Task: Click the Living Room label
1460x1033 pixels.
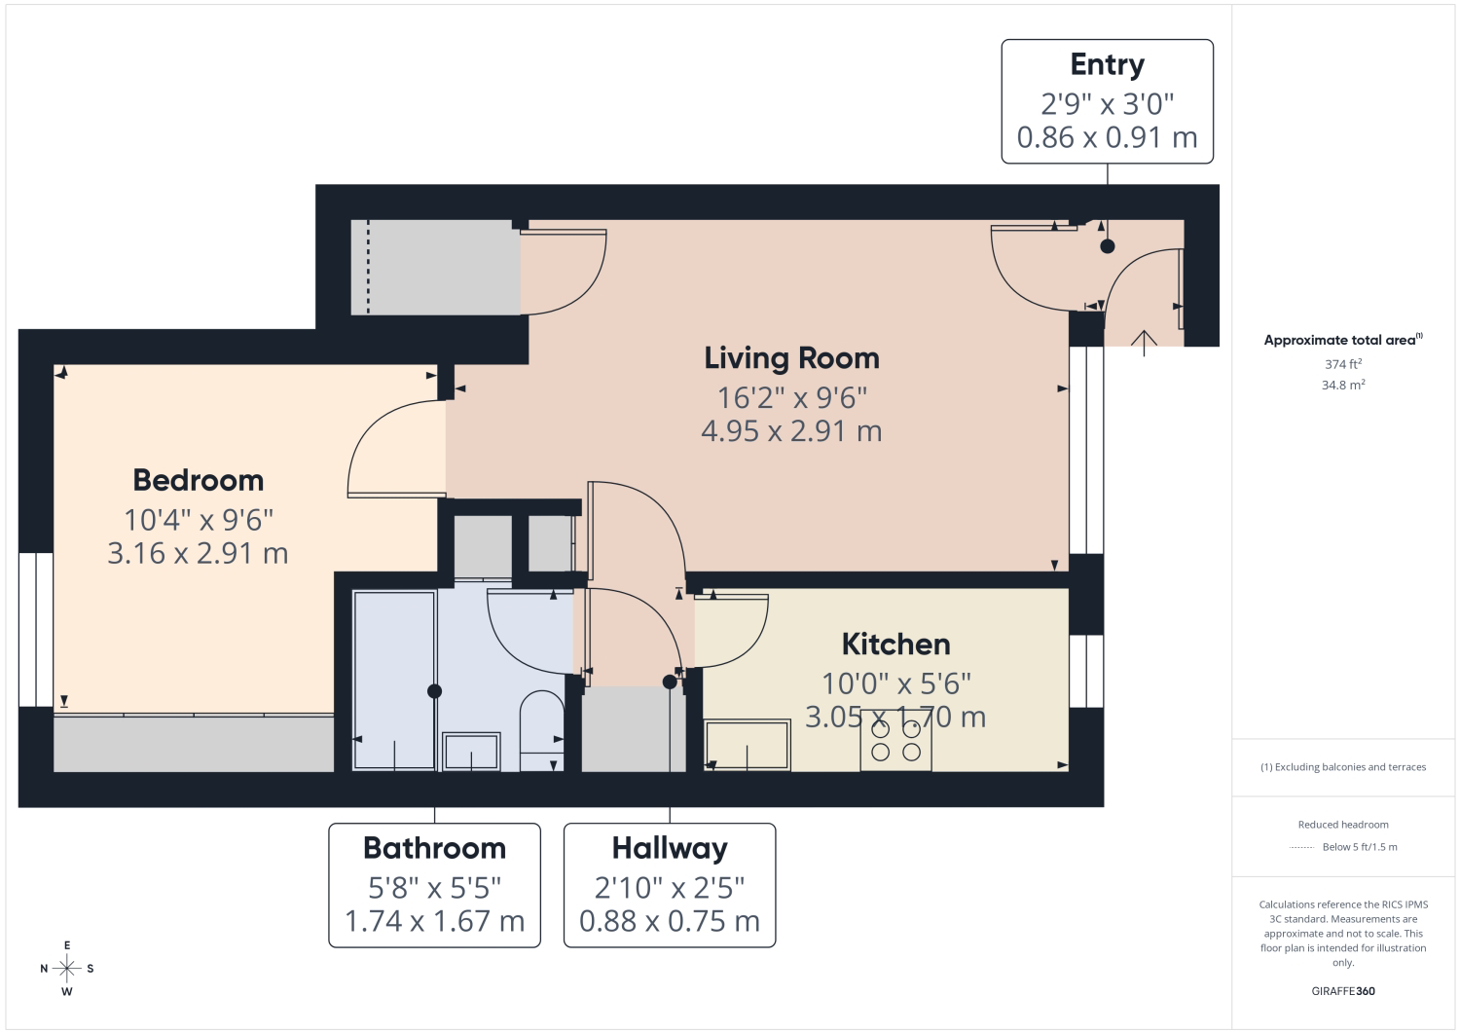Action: click(791, 358)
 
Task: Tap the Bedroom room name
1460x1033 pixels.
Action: click(199, 481)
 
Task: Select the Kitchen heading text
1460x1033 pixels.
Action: click(895, 645)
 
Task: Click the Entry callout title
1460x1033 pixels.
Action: click(1107, 65)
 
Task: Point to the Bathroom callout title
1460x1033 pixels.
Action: click(434, 848)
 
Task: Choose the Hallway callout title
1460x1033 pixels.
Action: click(670, 849)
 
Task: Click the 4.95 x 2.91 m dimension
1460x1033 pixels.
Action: click(791, 431)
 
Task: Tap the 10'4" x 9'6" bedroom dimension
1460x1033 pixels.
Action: click(199, 520)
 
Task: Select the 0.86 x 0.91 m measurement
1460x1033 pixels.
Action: click(1107, 137)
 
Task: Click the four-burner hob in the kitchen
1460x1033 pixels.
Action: click(895, 740)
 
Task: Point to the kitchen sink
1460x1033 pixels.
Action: click(747, 746)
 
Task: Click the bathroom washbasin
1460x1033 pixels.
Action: click(471, 752)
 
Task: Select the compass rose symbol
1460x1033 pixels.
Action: click(67, 969)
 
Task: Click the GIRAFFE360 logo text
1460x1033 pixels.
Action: click(1342, 991)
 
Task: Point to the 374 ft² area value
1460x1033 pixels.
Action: click(1342, 364)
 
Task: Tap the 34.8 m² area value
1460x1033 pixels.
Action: click(1342, 385)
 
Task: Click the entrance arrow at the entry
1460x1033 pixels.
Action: click(1144, 344)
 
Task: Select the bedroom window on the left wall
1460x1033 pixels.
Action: click(36, 630)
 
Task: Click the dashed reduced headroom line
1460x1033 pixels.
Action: click(368, 268)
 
